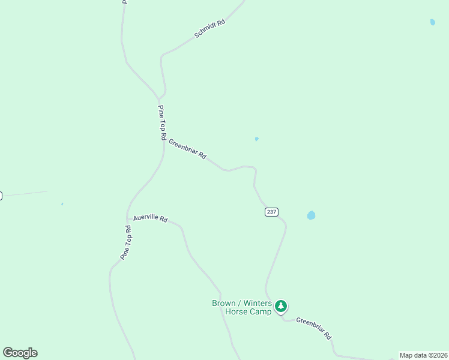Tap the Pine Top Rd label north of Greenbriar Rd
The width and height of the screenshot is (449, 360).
161,122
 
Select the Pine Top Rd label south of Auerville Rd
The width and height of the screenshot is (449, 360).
125,242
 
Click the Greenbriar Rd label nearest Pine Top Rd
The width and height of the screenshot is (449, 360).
187,149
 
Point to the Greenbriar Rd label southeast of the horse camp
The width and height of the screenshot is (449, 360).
313,328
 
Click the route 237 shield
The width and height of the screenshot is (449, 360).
271,212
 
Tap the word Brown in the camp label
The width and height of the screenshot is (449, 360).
224,303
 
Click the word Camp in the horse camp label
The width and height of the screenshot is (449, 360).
259,312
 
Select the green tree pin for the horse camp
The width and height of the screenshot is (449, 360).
281,307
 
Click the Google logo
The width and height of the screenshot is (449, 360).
20,353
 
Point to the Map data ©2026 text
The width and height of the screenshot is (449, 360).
423,355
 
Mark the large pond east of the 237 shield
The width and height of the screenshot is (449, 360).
311,215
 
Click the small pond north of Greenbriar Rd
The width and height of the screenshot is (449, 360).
256,139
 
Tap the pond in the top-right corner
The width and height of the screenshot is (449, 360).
433,23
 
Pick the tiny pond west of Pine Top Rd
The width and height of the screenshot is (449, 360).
62,204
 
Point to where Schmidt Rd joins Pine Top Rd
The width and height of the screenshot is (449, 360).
159,97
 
